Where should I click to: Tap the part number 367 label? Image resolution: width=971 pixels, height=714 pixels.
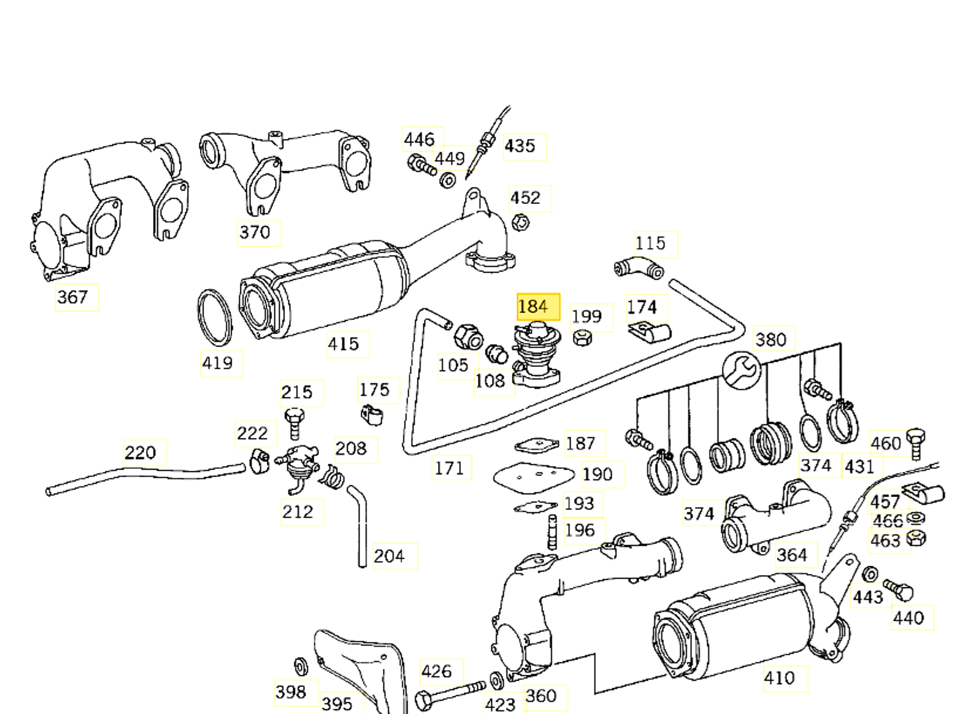click(73, 297)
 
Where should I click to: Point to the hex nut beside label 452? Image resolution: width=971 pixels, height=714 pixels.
click(520, 223)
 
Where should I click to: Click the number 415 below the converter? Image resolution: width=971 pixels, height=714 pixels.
click(344, 344)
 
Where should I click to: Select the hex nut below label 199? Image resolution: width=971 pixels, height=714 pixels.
click(582, 337)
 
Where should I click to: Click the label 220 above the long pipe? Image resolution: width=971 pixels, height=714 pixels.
click(141, 453)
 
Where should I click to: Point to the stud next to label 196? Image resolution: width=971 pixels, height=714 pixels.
click(552, 532)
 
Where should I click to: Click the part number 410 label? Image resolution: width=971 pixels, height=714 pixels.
click(780, 678)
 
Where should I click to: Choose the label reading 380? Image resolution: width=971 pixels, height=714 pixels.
click(770, 339)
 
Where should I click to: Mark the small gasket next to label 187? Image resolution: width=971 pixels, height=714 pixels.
click(536, 446)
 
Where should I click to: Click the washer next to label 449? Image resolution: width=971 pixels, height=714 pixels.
click(447, 179)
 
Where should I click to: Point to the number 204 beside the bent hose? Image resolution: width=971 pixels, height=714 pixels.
click(389, 556)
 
